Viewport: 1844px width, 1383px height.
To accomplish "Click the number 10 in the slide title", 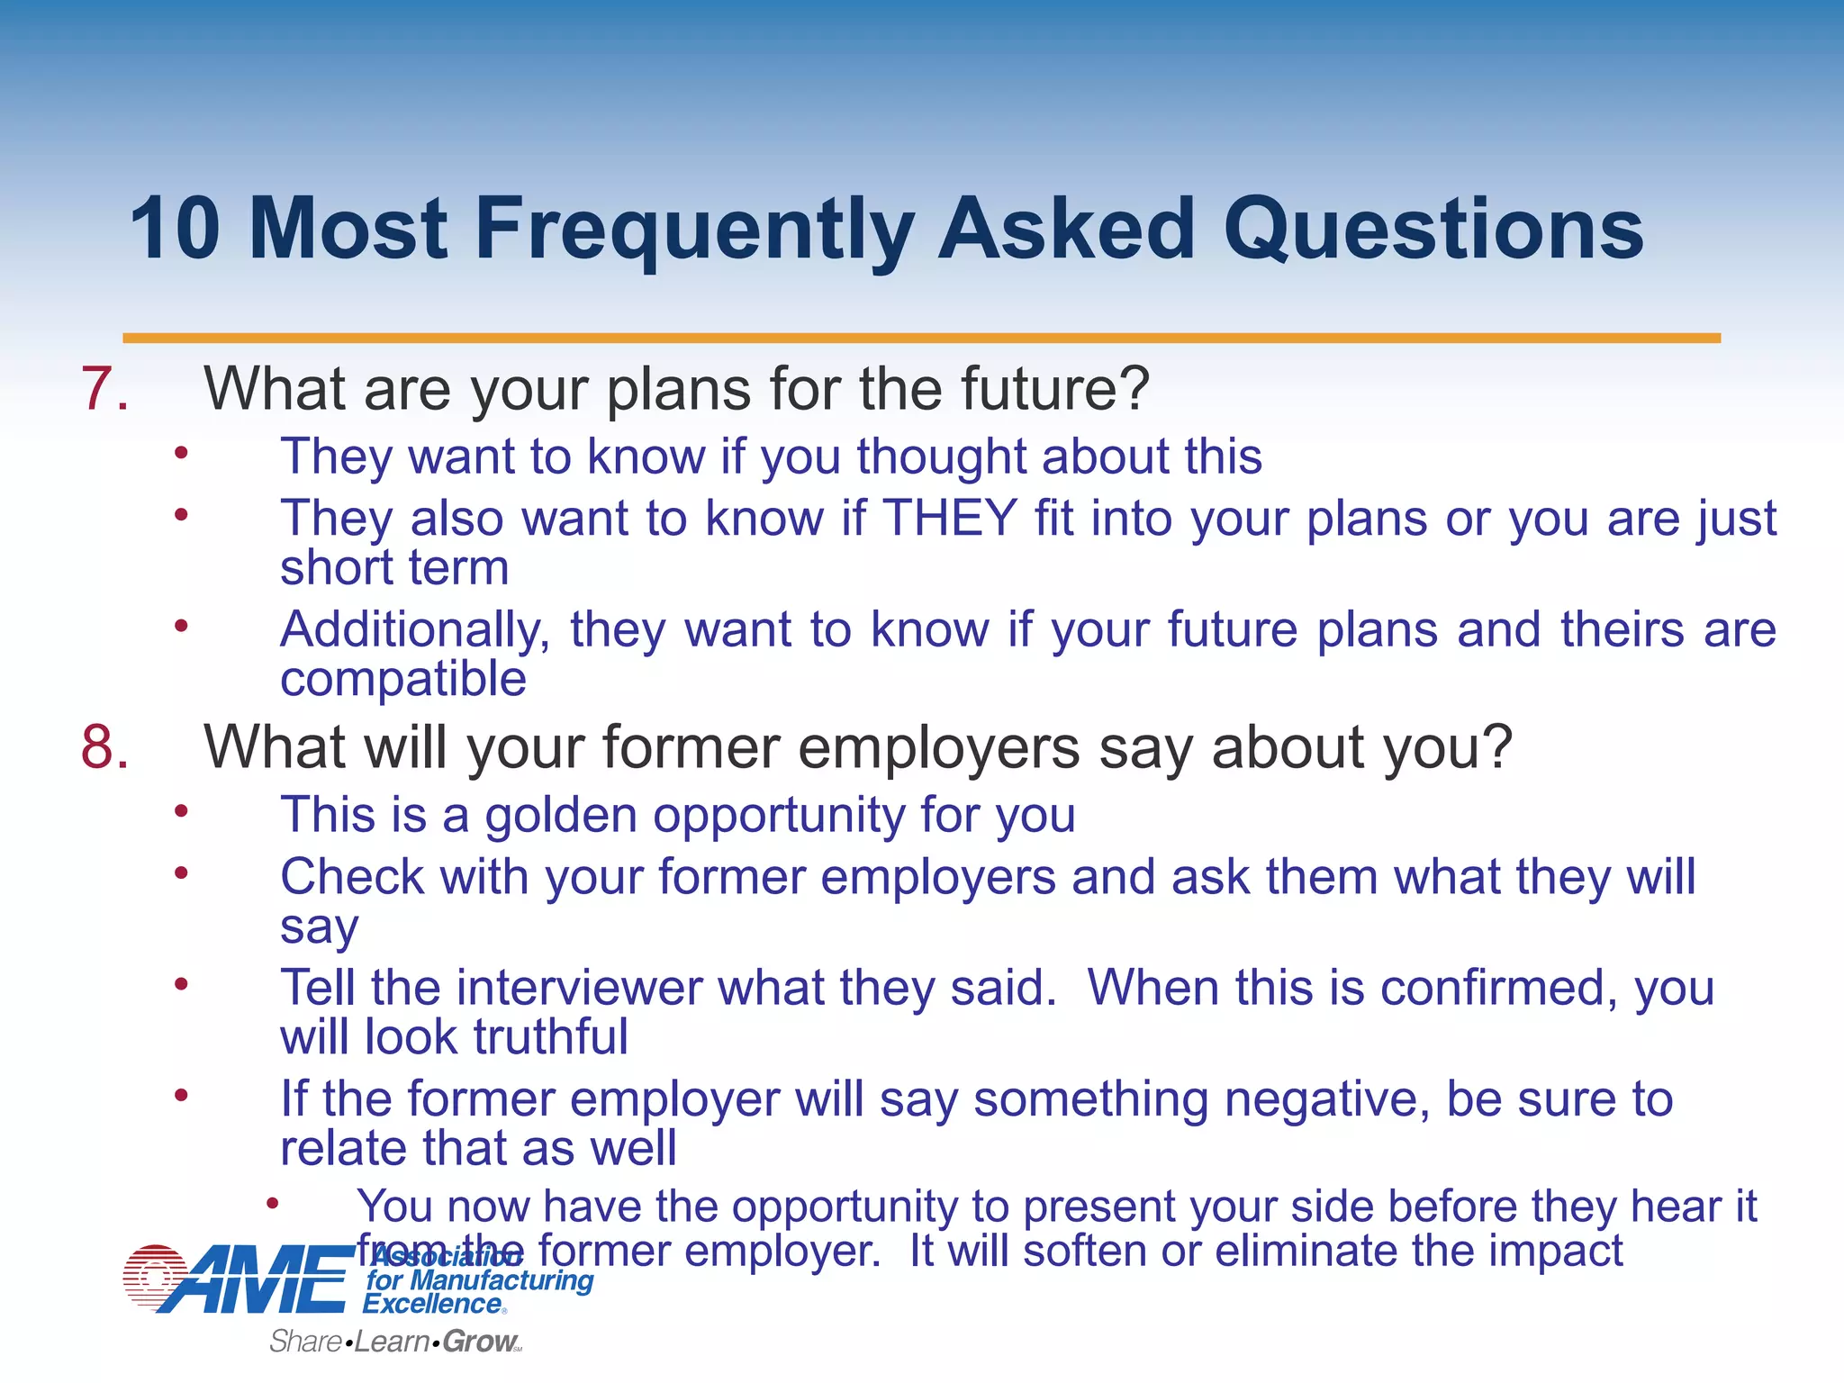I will [176, 230].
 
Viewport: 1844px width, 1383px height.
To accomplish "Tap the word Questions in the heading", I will [1432, 230].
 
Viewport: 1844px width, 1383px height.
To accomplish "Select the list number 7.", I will [104, 389].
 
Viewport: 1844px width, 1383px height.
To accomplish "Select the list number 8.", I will [104, 747].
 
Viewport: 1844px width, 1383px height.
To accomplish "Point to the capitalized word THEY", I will [949, 519].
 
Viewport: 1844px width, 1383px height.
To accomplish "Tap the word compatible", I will [402, 679].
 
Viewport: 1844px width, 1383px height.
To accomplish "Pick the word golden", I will [561, 816].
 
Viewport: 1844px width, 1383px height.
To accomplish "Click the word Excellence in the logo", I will [432, 1304].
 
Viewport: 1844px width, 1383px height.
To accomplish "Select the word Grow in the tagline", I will [479, 1342].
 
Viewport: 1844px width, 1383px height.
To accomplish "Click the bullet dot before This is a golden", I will [181, 811].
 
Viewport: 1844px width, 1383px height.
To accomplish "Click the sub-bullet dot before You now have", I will [272, 1204].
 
